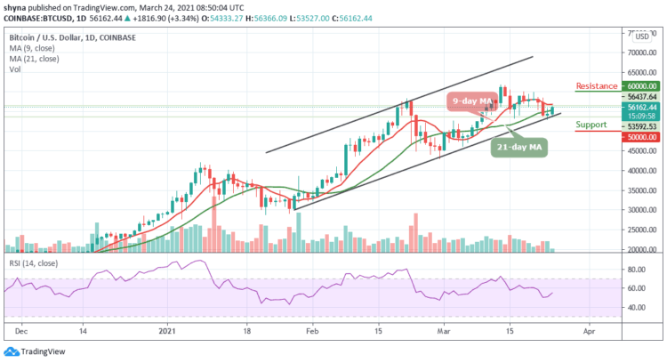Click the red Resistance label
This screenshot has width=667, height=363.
[596, 86]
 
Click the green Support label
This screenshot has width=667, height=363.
[591, 125]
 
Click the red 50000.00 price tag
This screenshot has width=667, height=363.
[639, 137]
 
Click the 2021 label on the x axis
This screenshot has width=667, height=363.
[167, 328]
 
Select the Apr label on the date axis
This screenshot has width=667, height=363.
[589, 328]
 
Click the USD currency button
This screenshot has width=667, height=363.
[640, 36]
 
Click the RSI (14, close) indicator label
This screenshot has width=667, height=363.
[32, 265]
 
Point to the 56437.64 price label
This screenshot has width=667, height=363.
[639, 96]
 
